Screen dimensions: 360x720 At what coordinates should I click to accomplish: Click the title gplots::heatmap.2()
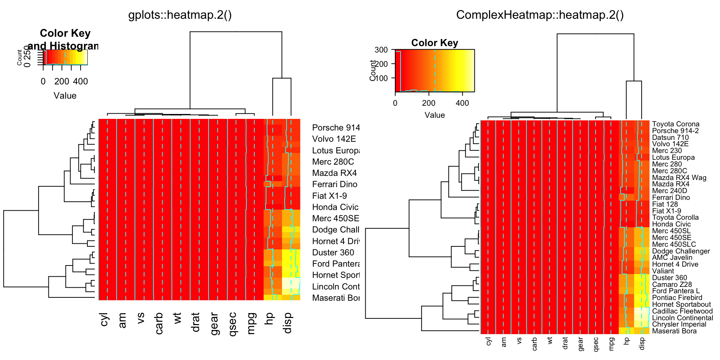pos(180,15)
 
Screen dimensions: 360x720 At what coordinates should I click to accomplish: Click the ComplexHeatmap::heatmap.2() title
pos(540,15)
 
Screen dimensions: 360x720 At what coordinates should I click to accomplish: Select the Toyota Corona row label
pos(675,124)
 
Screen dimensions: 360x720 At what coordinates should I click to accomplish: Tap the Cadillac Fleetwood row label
pos(682,311)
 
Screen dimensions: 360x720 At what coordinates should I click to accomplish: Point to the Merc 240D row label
pos(669,191)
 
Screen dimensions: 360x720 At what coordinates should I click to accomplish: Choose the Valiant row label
pos(663,271)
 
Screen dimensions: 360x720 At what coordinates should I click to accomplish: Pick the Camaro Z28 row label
pos(672,285)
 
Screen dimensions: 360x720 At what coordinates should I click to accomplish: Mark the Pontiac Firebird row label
pos(677,298)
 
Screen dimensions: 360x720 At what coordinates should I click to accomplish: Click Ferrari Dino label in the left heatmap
pos(334,184)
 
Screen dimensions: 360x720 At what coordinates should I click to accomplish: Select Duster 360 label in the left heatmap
pos(333,253)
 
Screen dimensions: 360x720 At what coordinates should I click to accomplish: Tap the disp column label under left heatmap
pos(288,323)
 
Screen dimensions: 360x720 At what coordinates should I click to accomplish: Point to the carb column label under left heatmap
pos(159,323)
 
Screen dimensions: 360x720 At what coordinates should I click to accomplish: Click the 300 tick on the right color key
pos(381,50)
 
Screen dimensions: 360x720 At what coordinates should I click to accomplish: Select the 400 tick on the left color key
pos(80,81)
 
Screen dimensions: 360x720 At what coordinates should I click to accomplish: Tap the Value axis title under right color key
pos(435,115)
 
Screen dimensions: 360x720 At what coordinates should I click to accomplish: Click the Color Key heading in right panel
pos(435,43)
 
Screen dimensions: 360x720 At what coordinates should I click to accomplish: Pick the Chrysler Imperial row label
pos(679,324)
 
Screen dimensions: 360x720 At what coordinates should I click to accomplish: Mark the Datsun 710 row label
pos(670,138)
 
